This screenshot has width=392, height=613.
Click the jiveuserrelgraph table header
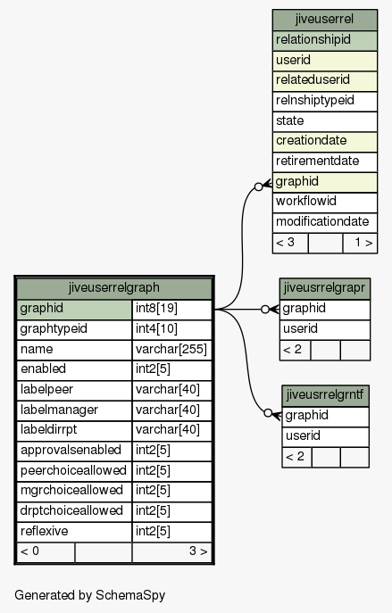click(113, 288)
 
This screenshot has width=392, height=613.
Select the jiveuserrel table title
click(325, 20)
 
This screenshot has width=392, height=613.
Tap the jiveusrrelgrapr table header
click(324, 288)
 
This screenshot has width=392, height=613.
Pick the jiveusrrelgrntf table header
click(325, 395)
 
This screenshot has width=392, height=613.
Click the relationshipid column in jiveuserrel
click(325, 40)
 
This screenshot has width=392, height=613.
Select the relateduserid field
click(325, 80)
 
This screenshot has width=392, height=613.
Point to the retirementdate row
click(325, 162)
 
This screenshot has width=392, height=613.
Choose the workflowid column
click(325, 202)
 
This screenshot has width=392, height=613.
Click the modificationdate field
click(325, 222)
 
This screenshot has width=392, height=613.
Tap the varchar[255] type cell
click(171, 349)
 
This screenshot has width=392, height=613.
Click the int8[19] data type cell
click(171, 309)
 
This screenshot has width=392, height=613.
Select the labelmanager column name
click(60, 410)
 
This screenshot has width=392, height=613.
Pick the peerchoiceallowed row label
click(73, 470)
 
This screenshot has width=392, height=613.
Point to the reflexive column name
click(45, 531)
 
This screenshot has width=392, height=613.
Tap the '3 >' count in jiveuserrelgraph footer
click(198, 551)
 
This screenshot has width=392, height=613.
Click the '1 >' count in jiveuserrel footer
click(363, 243)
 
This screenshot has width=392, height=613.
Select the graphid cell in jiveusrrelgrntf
click(325, 416)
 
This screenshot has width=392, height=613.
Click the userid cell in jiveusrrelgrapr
click(325, 329)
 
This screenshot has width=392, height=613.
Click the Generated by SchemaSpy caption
click(90, 595)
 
